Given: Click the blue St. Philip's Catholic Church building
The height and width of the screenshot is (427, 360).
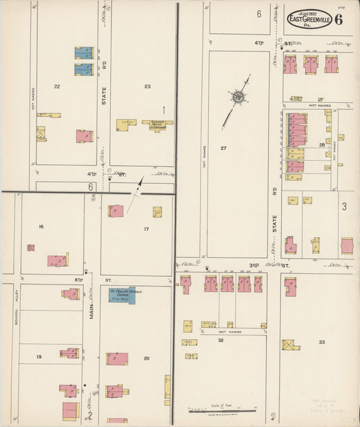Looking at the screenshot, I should coord(122,295).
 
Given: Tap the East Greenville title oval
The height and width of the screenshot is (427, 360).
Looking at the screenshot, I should coord(309,19).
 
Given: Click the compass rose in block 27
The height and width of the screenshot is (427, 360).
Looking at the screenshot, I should coord(238,99).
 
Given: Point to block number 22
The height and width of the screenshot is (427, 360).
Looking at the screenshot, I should coord(57,86).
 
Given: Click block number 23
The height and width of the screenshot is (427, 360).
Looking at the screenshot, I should coord(147,86).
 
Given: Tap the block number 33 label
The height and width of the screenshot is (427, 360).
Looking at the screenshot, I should coord(322,342).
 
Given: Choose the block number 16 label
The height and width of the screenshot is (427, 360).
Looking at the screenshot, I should coord(41,226).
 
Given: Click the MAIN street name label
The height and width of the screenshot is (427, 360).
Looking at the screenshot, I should coord(92,311).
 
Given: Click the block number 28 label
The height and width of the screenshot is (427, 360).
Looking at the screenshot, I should coord(322,145).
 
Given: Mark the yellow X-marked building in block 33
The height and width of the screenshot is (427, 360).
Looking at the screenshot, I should coord(290,345).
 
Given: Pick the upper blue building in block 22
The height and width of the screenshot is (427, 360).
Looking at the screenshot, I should coord(84,52).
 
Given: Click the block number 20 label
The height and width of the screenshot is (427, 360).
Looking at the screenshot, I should coord(146,357).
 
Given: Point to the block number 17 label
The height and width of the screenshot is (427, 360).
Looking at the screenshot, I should coord(146,229).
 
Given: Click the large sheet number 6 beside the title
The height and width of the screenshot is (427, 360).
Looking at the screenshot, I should coord(338,18).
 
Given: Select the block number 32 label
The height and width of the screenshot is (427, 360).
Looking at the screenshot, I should coord(220,341).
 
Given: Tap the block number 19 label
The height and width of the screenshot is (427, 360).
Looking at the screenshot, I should coord(38,356).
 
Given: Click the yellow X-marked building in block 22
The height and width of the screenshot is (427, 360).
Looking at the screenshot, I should coord(41,133).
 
